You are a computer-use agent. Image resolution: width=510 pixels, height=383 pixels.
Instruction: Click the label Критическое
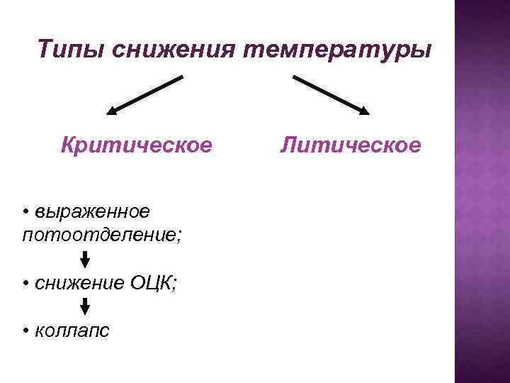click(136, 145)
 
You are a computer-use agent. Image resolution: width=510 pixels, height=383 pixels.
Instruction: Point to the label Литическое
click(350, 145)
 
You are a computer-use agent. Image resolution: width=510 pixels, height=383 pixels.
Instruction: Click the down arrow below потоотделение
click(85, 257)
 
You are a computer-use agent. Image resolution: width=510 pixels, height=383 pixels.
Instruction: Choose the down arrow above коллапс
click(85, 306)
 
